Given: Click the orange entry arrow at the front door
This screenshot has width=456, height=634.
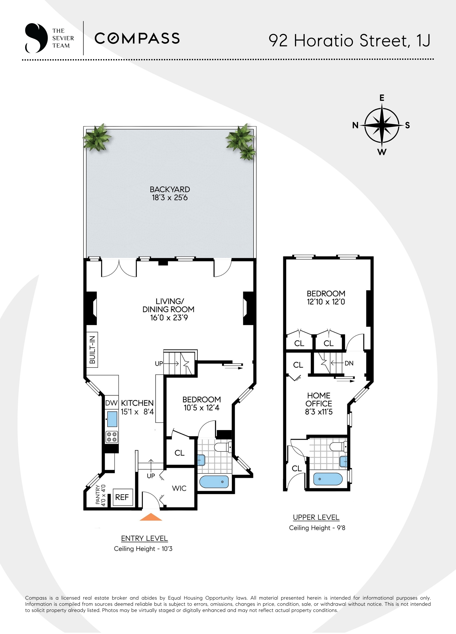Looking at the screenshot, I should tap(151, 517).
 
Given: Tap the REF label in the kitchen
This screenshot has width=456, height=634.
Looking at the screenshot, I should tap(122, 497).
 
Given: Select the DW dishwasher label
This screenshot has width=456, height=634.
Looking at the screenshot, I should tap(111, 403).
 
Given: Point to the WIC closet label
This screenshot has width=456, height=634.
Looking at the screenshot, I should tap(179, 488).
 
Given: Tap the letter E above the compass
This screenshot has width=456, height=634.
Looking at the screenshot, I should tap(382, 98).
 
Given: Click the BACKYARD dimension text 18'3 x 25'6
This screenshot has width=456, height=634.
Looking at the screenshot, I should tap(169, 198).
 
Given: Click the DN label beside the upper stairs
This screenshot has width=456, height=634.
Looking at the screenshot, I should tap(349, 363).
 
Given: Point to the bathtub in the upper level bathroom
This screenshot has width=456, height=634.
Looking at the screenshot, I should tap(328, 479).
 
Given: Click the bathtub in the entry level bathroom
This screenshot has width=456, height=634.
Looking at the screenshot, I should tap(214, 482).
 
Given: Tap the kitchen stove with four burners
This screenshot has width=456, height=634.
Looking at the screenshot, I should tap(112, 437).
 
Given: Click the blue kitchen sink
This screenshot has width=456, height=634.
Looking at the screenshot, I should tap(112, 419).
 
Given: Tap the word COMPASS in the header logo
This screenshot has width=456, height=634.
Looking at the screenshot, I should tap(137, 38).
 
